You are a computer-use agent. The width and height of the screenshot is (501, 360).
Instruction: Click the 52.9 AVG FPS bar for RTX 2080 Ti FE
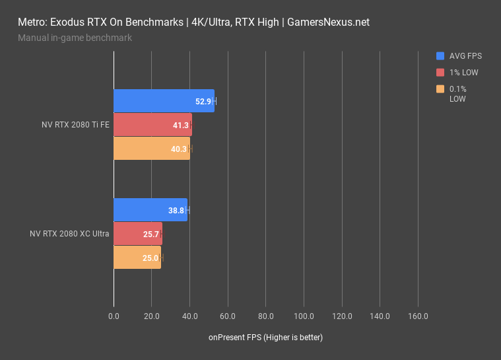point(164,101)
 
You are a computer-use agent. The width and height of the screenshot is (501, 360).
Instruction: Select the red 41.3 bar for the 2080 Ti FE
point(152,125)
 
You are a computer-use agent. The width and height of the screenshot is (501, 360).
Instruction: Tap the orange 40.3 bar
point(151,149)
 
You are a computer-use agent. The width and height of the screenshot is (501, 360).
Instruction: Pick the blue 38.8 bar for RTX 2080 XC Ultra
point(150,210)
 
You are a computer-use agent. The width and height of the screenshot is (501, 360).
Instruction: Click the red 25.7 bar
point(137,234)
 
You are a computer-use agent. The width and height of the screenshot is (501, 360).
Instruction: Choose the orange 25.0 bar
point(137,258)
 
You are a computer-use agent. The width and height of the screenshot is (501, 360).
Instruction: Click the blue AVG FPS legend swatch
point(440,56)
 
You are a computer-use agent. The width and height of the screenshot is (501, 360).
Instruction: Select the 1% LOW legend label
point(463,73)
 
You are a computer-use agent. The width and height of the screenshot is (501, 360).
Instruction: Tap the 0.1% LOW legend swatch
point(440,89)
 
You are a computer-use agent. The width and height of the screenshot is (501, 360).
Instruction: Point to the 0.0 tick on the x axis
point(114,316)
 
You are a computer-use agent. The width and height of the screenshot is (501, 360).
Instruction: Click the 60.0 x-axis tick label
point(228,316)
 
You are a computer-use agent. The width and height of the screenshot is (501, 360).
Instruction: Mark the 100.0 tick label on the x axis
point(304,316)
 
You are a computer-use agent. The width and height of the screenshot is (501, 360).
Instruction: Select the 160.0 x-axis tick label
point(418,316)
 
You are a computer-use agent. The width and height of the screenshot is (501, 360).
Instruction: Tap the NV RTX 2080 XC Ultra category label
point(69,234)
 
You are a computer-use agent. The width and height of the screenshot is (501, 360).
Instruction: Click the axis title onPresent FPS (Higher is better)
point(265,338)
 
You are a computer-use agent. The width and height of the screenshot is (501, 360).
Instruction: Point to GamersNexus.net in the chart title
point(327,22)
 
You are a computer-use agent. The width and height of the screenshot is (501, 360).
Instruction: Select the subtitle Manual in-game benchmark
point(75,38)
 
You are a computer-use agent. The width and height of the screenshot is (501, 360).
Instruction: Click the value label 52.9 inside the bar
point(203,102)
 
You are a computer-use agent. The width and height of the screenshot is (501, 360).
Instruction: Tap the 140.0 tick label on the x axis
point(380,316)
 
